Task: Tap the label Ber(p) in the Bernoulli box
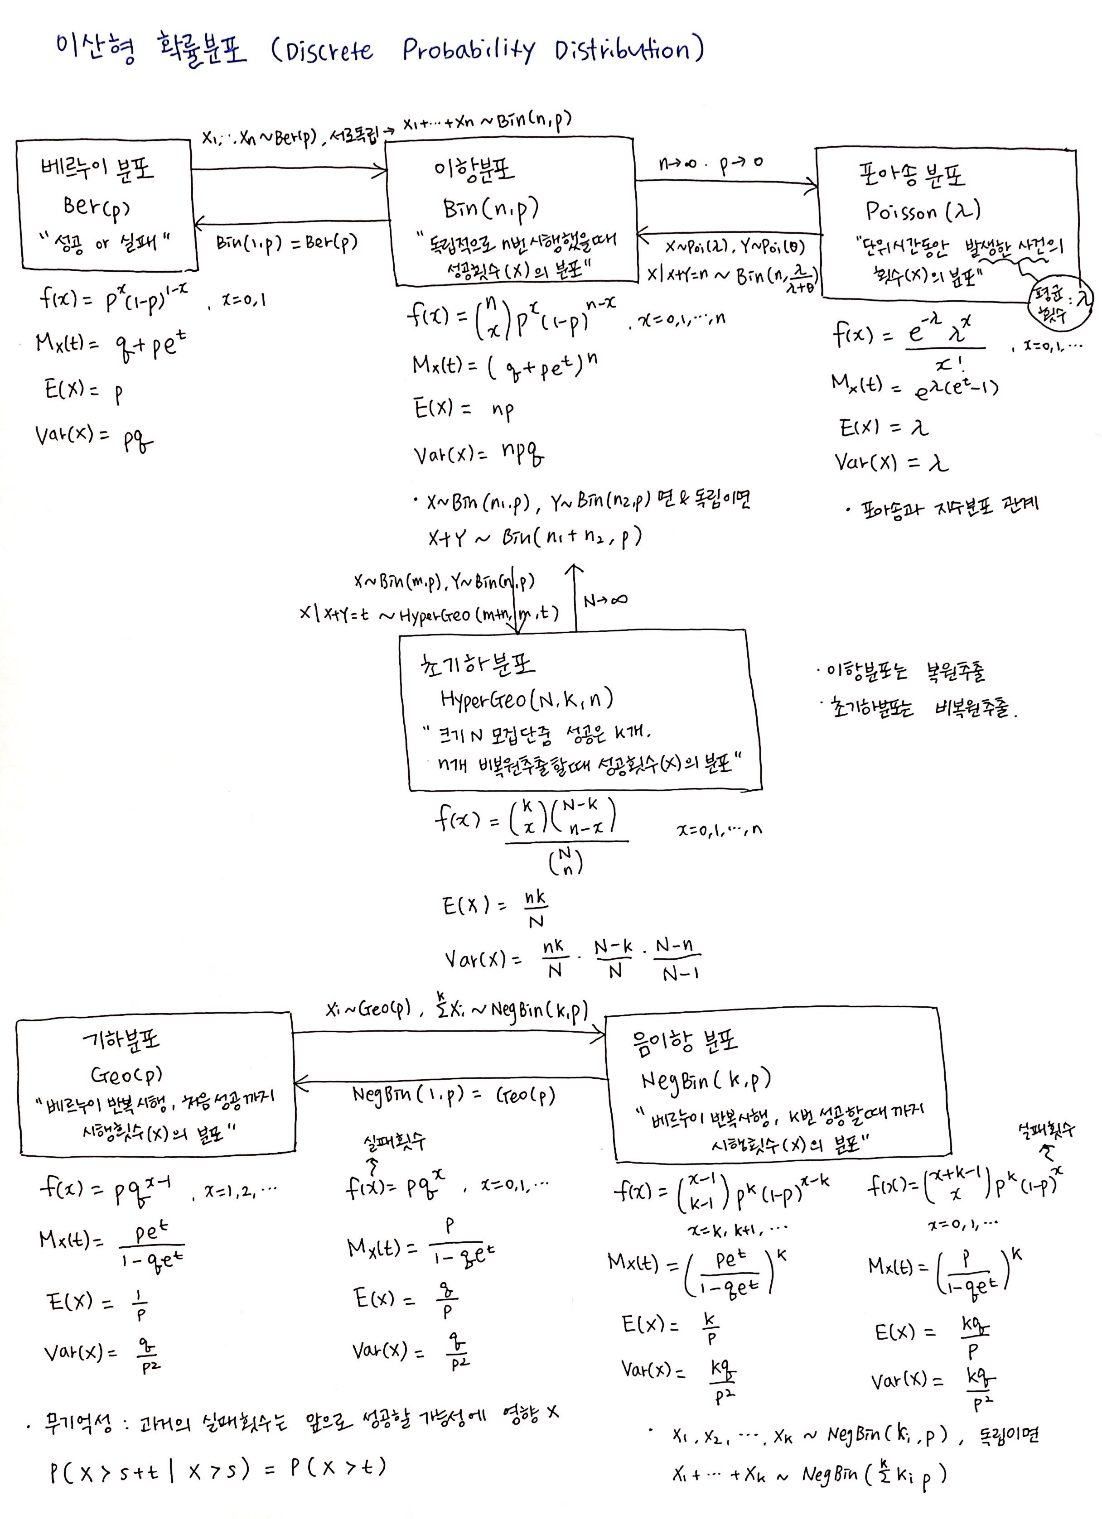(97, 206)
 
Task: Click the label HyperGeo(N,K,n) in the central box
(527, 700)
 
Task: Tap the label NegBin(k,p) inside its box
(706, 1080)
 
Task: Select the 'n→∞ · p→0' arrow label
(711, 163)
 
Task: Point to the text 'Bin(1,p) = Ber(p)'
(287, 242)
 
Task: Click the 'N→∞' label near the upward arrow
(605, 601)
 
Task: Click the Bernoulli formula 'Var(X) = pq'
(94, 437)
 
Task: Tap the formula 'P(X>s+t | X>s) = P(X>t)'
(217, 1468)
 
